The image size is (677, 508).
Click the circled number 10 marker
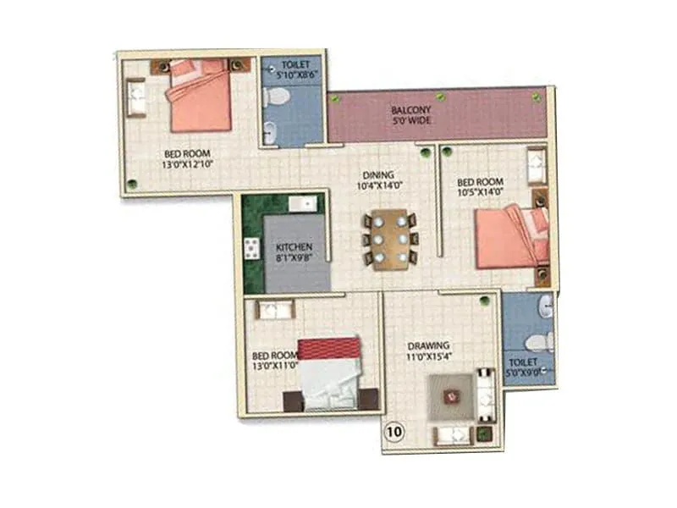tap(394, 431)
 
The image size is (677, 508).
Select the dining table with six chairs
tap(389, 240)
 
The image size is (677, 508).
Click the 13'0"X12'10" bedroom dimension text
tap(186, 166)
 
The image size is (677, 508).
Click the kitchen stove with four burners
tap(252, 248)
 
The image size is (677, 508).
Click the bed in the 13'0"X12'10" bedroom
tap(200, 96)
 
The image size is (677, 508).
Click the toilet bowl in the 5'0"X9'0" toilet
tap(537, 341)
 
